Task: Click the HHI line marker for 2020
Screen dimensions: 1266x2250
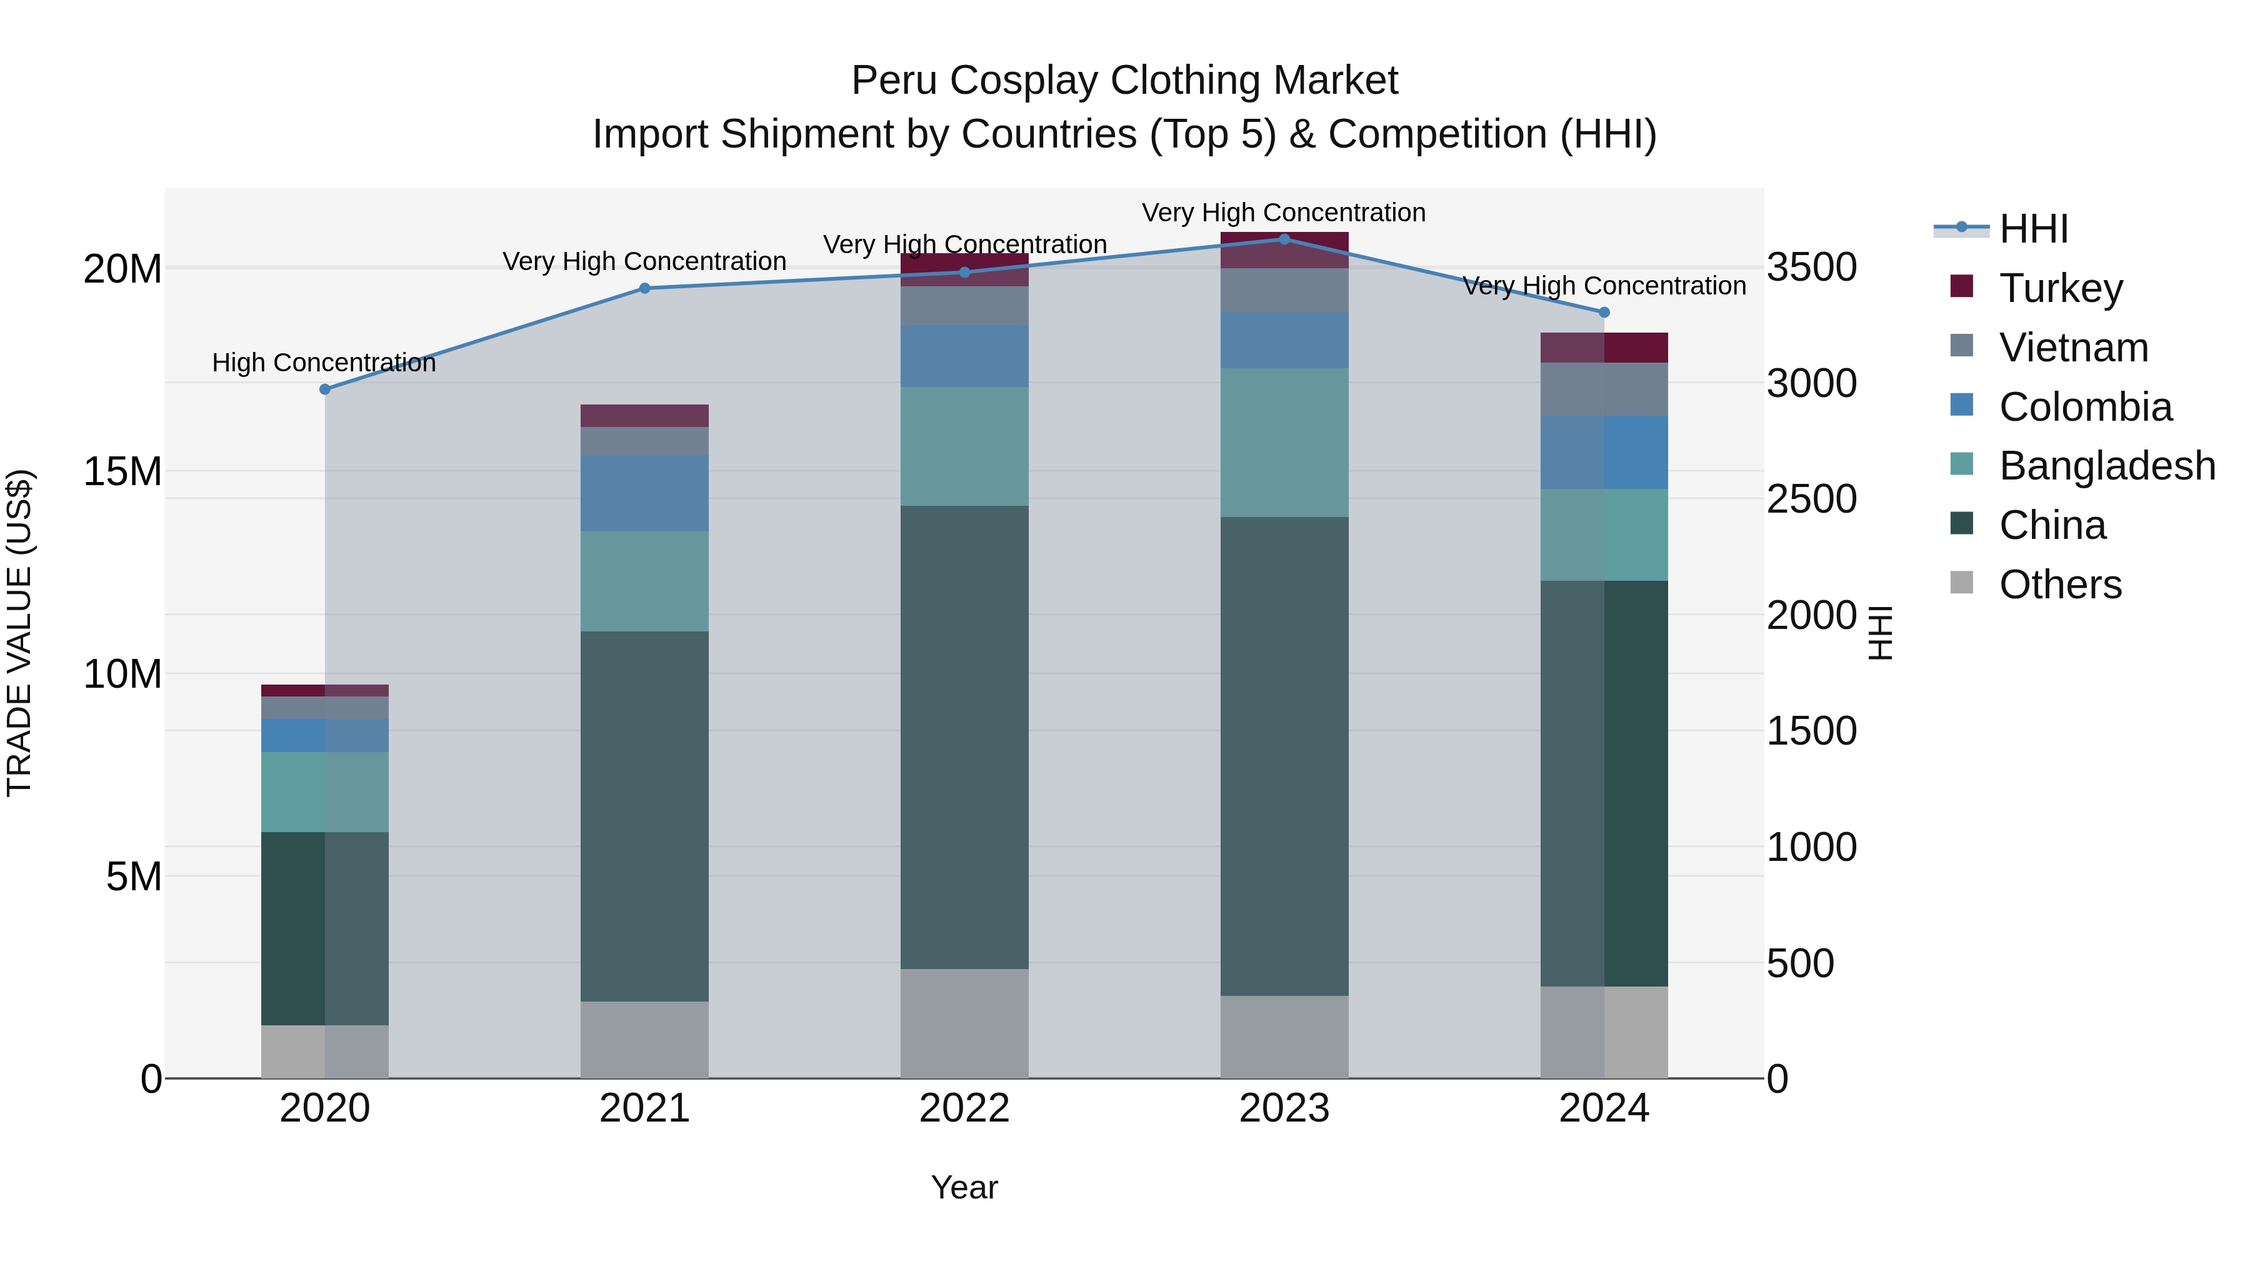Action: [x=325, y=389]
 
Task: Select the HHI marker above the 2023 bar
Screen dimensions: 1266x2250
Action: [x=1284, y=239]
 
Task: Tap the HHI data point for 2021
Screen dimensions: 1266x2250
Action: [x=644, y=288]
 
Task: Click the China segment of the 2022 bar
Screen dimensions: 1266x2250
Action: [x=964, y=736]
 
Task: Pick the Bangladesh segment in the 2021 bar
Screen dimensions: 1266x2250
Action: [x=644, y=581]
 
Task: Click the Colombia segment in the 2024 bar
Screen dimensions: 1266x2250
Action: [x=1604, y=453]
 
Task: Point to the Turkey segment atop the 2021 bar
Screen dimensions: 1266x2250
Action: [x=644, y=416]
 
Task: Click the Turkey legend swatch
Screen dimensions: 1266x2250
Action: [x=1962, y=286]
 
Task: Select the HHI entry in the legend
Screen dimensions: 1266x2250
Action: [x=2033, y=229]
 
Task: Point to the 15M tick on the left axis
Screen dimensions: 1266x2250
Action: [x=122, y=472]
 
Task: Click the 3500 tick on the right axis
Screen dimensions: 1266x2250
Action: [x=1811, y=268]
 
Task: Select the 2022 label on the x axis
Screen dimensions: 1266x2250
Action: [x=964, y=1108]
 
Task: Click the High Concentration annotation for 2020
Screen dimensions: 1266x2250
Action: [x=323, y=363]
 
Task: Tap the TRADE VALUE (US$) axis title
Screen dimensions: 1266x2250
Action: [x=19, y=633]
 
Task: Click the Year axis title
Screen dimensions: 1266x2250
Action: [x=964, y=1187]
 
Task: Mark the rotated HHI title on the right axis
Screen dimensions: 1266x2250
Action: [x=1879, y=633]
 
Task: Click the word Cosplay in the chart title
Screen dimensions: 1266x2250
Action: [x=1027, y=81]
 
